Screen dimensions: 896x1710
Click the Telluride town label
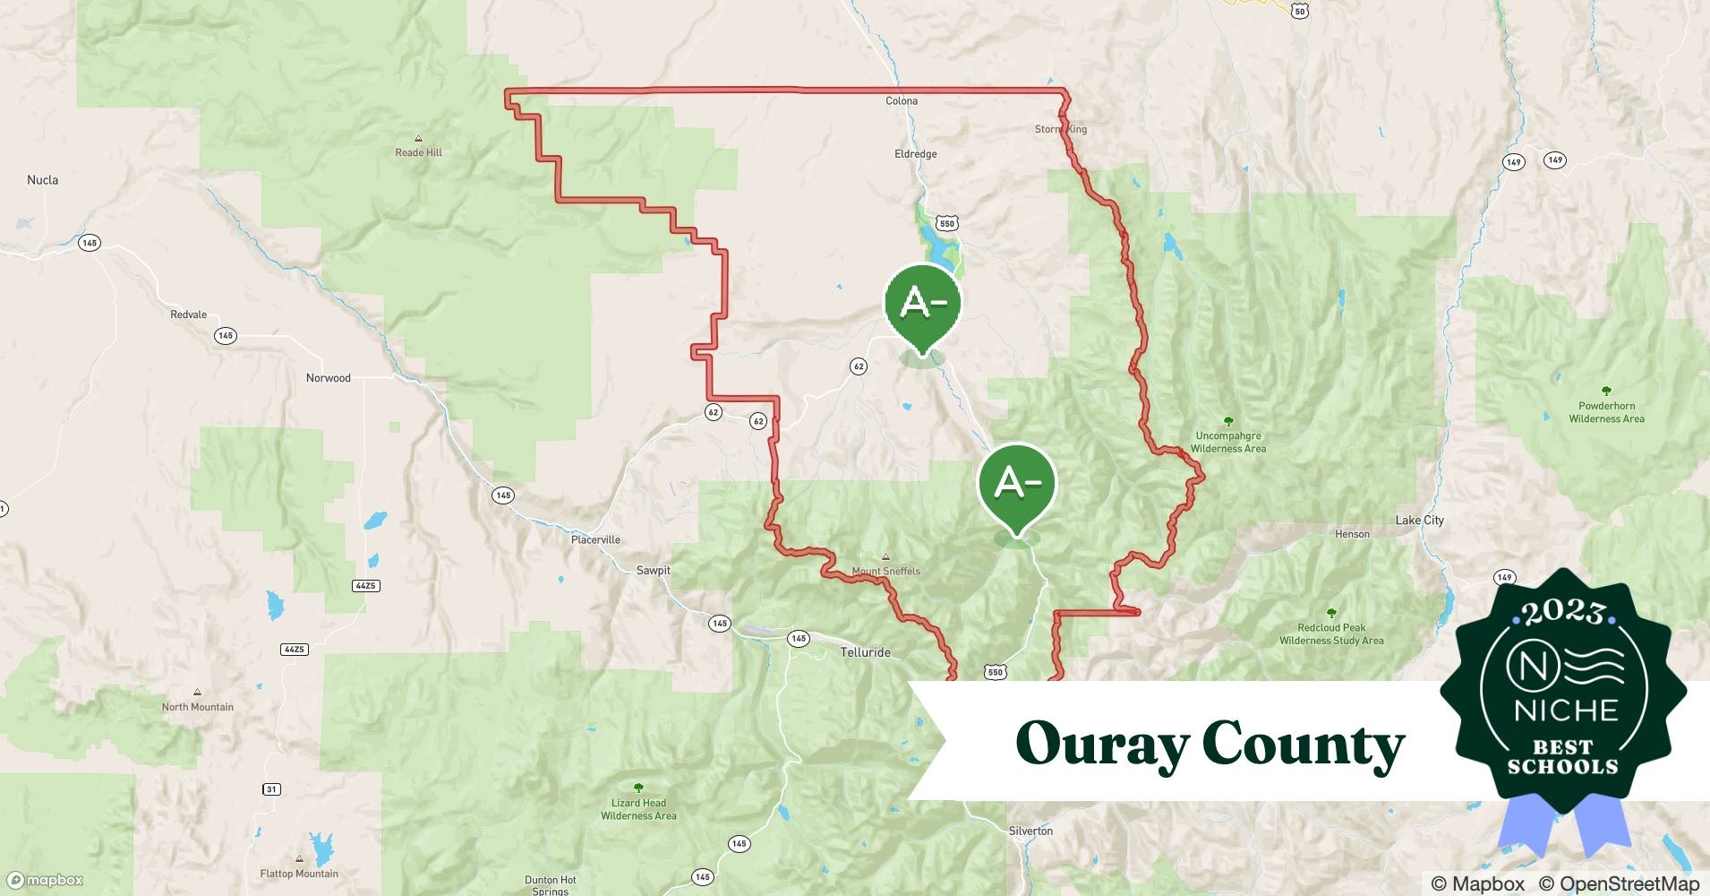[x=865, y=652]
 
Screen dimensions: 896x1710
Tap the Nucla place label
[x=42, y=180]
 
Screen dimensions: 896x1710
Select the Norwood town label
[x=329, y=378]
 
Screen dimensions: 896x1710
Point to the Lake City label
[x=1419, y=521]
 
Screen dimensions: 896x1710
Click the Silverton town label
[x=1030, y=831]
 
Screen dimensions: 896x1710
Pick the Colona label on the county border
[x=902, y=101]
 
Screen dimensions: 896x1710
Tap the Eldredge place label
[x=915, y=154]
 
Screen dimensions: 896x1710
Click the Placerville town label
[x=595, y=540]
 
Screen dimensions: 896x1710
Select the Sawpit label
[x=653, y=571]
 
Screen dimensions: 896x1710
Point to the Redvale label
[x=188, y=315]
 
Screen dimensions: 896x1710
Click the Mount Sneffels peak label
[x=885, y=571]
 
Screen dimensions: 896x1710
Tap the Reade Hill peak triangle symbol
[x=418, y=139]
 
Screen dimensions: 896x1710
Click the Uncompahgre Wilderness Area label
[x=1227, y=443]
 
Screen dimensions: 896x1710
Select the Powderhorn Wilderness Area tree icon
[x=1606, y=392]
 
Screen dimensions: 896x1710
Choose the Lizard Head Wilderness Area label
[x=638, y=809]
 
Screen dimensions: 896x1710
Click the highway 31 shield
[x=271, y=789]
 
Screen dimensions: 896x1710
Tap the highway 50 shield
[x=1300, y=11]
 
